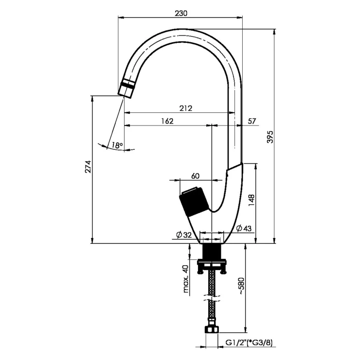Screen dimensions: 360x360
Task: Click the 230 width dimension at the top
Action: pyautogui.click(x=181, y=13)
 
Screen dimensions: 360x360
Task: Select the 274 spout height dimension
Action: pyautogui.click(x=88, y=167)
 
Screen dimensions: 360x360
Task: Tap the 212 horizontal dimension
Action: pyautogui.click(x=185, y=108)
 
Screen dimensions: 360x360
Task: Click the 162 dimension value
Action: pyautogui.click(x=167, y=121)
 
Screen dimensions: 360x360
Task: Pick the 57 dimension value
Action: pyautogui.click(x=252, y=121)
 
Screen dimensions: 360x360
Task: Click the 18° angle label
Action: pyautogui.click(x=117, y=145)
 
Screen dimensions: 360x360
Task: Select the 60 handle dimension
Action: pyautogui.click(x=195, y=176)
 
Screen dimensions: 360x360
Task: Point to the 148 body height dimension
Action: pyautogui.click(x=252, y=200)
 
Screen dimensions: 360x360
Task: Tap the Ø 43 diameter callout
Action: pyautogui.click(x=244, y=228)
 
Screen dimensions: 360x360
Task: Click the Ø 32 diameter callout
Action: pyautogui.click(x=184, y=234)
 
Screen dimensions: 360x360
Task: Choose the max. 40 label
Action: pyautogui.click(x=186, y=279)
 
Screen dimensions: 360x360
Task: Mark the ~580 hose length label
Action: pyautogui.click(x=242, y=286)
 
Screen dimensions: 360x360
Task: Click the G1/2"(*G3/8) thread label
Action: pyautogui.click(x=249, y=343)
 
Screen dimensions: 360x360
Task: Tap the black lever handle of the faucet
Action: pyautogui.click(x=194, y=202)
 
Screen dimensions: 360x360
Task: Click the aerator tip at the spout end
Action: pyautogui.click(x=126, y=88)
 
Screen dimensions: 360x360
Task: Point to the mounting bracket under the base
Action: pyautogui.click(x=212, y=266)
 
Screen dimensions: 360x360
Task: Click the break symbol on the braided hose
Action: pyautogui.click(x=212, y=298)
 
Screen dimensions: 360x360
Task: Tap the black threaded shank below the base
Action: pyautogui.click(x=212, y=251)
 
